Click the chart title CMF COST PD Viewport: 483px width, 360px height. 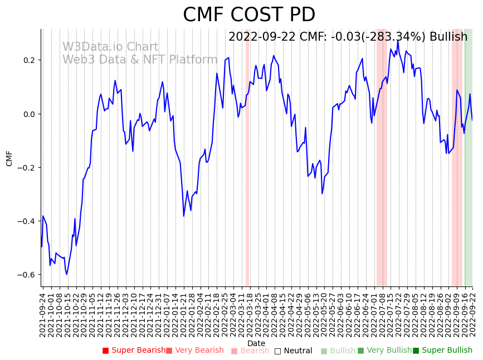click(249, 15)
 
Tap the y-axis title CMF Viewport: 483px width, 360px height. click(9, 158)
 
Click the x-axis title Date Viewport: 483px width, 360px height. click(256, 343)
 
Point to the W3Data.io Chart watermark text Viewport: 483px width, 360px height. click(110, 47)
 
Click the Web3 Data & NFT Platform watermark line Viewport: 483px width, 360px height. click(140, 60)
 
